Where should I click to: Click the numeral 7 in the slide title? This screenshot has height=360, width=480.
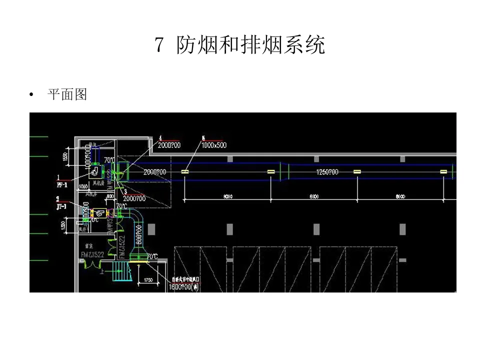point(159,45)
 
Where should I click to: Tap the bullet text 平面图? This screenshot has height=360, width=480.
point(67,94)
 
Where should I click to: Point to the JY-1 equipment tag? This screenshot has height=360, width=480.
point(61,205)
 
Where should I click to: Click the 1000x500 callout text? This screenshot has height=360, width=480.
point(213,145)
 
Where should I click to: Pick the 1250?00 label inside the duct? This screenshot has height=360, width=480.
point(327,172)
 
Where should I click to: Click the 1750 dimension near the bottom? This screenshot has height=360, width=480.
point(148,280)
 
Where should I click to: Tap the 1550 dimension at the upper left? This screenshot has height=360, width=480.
point(65,156)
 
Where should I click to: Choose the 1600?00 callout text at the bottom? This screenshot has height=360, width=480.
point(184,287)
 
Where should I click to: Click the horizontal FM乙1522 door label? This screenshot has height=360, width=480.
point(92,255)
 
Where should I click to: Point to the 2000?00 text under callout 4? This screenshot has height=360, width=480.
point(169,145)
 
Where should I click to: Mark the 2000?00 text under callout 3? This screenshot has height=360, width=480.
point(134,198)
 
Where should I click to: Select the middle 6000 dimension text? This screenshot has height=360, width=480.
point(313,196)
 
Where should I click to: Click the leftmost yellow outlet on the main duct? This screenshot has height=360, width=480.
point(185,172)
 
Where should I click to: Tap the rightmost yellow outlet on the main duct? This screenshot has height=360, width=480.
point(443,172)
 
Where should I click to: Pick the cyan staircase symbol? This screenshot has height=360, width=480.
point(119,273)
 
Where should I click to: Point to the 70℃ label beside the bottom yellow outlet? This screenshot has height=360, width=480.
point(152,256)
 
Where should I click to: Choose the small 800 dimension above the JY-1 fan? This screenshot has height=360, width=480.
point(109,196)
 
